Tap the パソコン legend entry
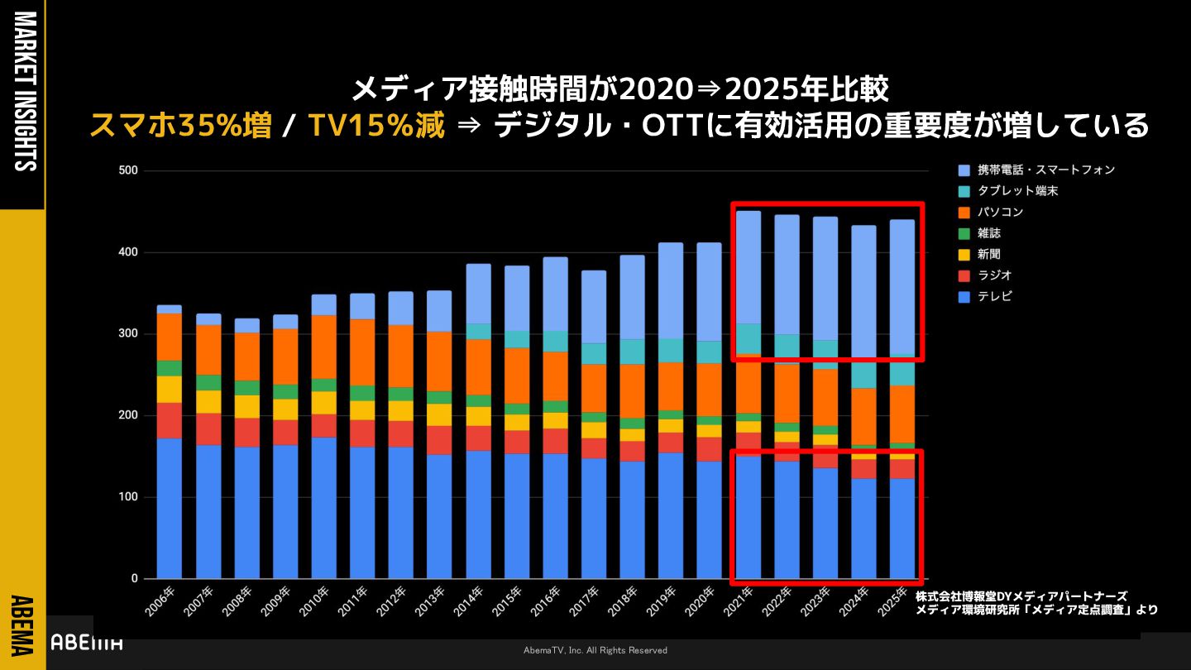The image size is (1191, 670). tap(1000, 213)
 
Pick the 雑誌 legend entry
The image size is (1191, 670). tap(988, 233)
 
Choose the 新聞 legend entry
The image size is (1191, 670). tap(988, 255)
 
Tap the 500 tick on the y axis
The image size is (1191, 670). tap(128, 171)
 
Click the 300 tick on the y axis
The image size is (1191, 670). tap(128, 334)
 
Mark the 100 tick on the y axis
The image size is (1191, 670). tap(128, 497)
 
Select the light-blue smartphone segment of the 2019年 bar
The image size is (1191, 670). tap(670, 290)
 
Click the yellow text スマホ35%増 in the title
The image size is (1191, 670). tap(179, 126)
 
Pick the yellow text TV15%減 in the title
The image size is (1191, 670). tap(375, 126)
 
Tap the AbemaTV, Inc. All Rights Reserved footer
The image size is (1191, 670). tap(595, 651)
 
